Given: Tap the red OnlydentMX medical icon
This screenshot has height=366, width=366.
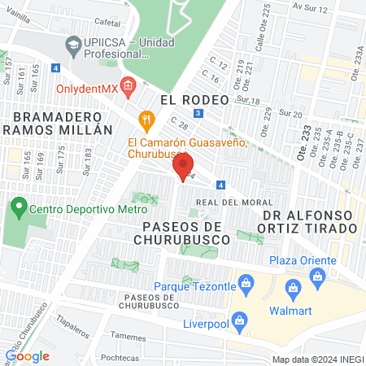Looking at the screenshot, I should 127,85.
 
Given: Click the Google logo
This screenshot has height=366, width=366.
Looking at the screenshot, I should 28,355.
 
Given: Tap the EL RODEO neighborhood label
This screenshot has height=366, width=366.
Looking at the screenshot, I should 190,98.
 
